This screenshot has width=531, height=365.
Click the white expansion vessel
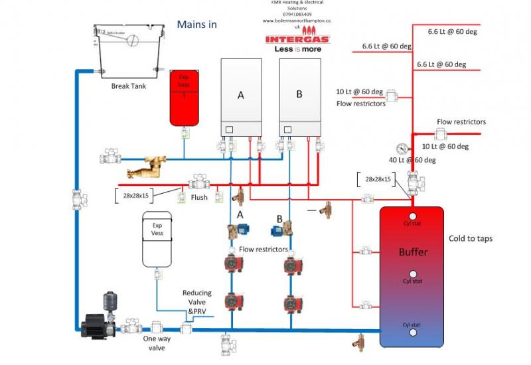(157, 240)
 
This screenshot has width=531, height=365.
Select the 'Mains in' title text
(196, 25)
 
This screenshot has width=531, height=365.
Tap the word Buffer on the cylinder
(413, 252)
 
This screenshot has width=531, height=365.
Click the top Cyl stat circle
(412, 216)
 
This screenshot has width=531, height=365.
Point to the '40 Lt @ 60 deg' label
(412, 160)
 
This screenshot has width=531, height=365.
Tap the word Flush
(199, 197)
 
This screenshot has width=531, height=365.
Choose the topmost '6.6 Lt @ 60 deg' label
(452, 31)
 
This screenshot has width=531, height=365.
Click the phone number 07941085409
(292, 14)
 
